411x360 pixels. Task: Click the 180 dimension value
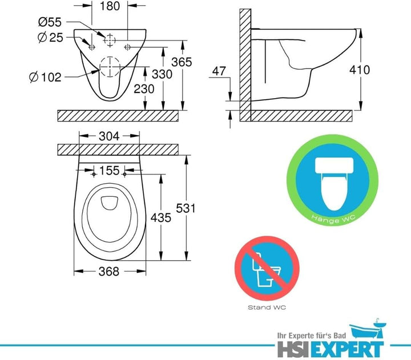[x=110, y=8]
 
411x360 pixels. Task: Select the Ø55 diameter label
[x=50, y=22]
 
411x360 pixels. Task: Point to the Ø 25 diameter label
[x=50, y=38]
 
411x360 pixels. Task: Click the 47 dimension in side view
[x=219, y=71]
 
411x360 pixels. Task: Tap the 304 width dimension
[x=109, y=136]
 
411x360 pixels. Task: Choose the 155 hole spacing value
[x=108, y=171]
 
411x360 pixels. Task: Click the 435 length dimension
[x=163, y=218]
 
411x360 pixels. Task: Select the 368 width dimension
[x=108, y=272]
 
